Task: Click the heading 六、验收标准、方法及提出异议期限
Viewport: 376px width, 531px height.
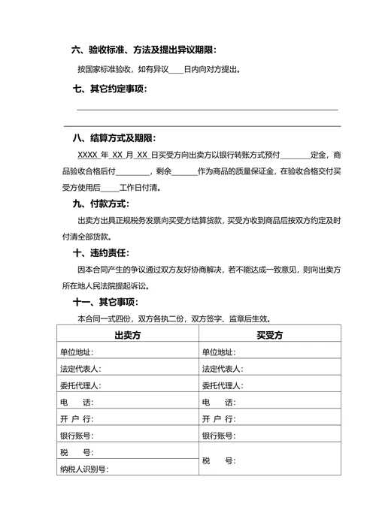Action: [144, 50]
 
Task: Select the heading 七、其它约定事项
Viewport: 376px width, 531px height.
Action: [110, 89]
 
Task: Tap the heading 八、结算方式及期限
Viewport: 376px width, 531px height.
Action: [114, 138]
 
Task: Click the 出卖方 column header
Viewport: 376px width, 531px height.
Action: [127, 335]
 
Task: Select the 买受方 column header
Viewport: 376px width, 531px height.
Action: [269, 335]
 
